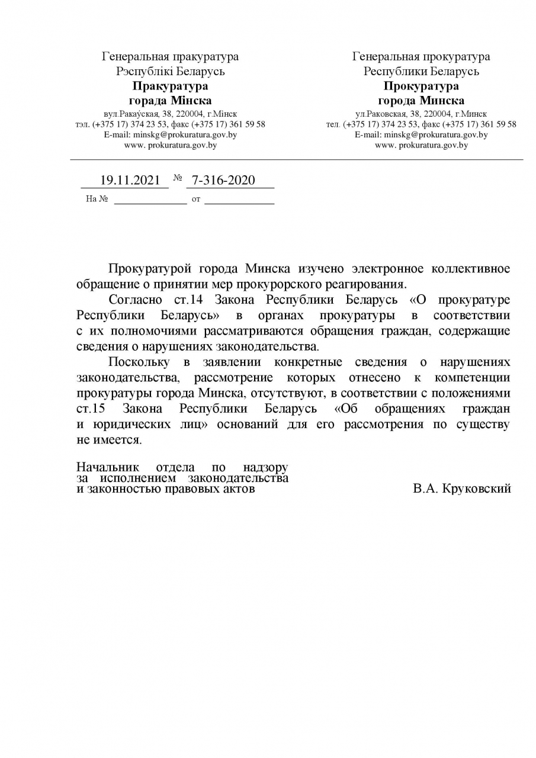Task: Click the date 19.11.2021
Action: tap(130, 181)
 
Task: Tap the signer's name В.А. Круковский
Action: tap(462, 489)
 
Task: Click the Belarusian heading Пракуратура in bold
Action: tap(170, 86)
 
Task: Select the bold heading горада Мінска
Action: tap(170, 100)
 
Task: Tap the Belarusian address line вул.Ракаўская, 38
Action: tap(170, 113)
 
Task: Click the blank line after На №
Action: tap(150, 200)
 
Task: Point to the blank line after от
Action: tap(239, 200)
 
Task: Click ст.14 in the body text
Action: tap(190, 300)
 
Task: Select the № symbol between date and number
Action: tap(178, 178)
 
